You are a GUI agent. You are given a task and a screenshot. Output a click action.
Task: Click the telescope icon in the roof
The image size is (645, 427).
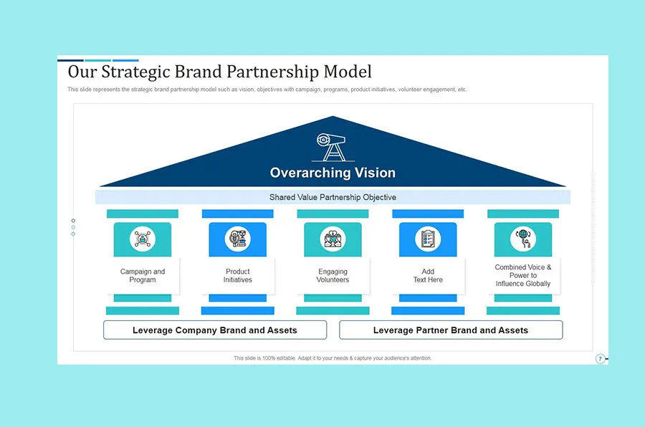[x=332, y=147]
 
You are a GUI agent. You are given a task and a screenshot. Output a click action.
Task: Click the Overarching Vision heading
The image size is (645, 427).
[x=333, y=173]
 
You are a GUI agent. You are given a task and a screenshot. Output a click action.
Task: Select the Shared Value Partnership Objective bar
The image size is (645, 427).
[x=333, y=197]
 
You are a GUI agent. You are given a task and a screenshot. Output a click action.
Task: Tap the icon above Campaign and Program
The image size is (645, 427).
[x=142, y=239]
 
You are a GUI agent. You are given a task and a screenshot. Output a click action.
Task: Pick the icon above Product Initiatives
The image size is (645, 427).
[x=237, y=239]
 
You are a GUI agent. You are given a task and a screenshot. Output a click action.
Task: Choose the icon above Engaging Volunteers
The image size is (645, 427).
[x=333, y=239]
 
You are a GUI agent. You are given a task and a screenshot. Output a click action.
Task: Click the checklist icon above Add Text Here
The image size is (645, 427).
[x=428, y=239]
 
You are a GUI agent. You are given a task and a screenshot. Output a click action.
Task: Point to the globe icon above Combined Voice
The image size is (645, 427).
[x=523, y=239]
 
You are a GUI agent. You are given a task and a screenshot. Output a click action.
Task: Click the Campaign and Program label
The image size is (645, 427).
[x=143, y=276]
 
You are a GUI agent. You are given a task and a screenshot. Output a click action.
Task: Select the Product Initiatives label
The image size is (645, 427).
[x=237, y=276]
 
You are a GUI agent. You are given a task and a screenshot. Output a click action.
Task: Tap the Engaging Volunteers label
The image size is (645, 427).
[x=333, y=276]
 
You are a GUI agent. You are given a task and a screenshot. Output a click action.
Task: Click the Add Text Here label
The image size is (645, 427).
[x=428, y=276]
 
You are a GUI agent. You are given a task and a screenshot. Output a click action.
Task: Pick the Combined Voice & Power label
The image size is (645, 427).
[x=523, y=276]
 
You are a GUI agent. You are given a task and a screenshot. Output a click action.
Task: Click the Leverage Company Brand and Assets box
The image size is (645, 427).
[x=215, y=330]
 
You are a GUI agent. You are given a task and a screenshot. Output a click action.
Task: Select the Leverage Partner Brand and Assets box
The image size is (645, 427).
[x=451, y=330]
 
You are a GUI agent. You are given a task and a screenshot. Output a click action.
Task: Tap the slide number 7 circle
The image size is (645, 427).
[x=601, y=358]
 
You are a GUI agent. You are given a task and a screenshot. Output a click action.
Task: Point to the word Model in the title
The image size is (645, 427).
[x=348, y=72]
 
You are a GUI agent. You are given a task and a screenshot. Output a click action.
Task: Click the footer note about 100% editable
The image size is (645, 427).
[x=333, y=358]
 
